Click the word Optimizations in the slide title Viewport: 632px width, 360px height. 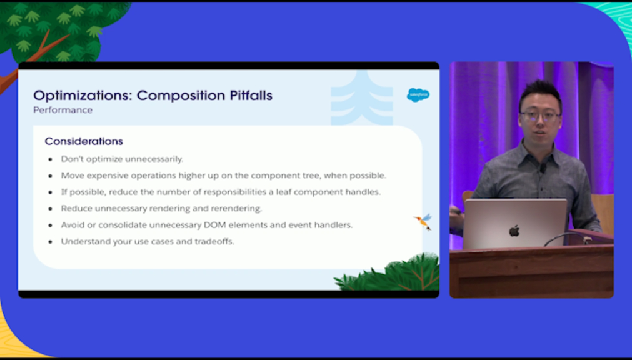click(x=83, y=96)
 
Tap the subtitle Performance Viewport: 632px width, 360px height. click(x=63, y=110)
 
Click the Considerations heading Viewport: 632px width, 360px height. click(x=84, y=141)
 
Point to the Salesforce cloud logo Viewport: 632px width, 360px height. click(x=418, y=95)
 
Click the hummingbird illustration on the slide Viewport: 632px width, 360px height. click(x=423, y=222)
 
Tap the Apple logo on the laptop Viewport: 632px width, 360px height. click(x=514, y=231)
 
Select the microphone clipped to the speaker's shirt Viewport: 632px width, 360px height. click(x=543, y=169)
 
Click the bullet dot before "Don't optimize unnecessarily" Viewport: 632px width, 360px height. click(x=51, y=159)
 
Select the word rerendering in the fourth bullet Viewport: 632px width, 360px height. click(x=240, y=209)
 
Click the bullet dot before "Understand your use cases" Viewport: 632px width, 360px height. click(x=51, y=242)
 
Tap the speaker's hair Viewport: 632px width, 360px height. click(x=540, y=92)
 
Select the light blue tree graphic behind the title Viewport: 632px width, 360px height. click(x=361, y=99)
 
